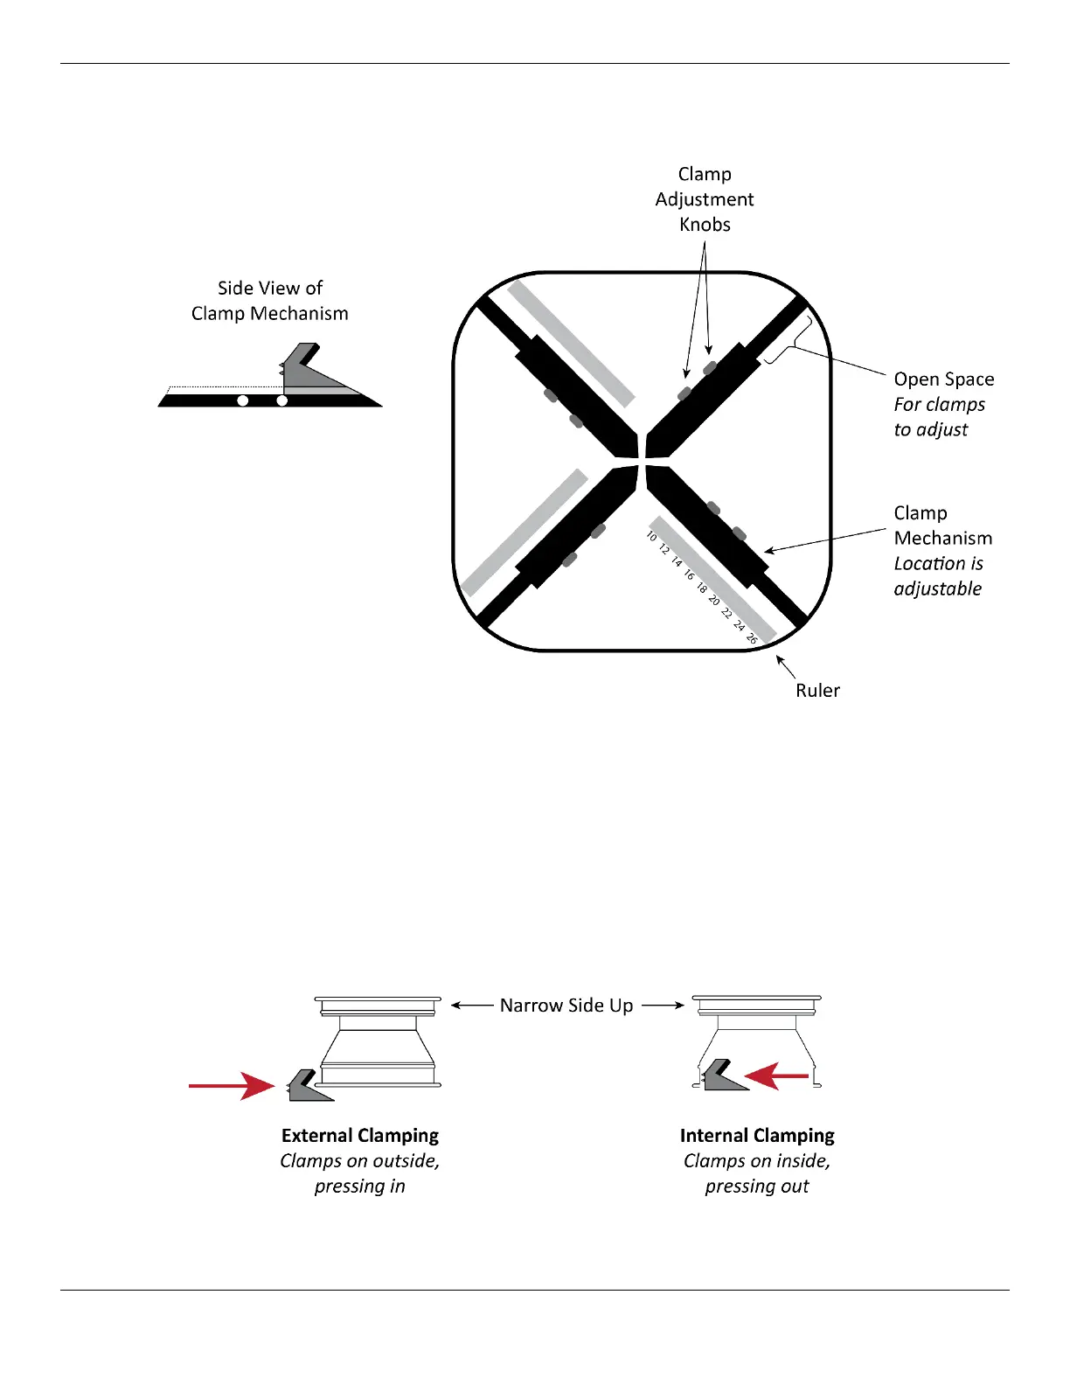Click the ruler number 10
[x=651, y=536]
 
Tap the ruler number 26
[x=752, y=639]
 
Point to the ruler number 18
[x=701, y=588]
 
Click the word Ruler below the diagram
[x=817, y=691]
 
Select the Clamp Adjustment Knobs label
[x=705, y=199]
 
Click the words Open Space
[x=943, y=379]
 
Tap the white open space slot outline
[x=789, y=339]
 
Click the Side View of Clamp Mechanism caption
[x=270, y=301]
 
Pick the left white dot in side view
[x=243, y=401]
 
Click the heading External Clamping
[x=360, y=1136]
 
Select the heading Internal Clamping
[x=757, y=1136]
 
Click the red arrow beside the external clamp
[x=232, y=1086]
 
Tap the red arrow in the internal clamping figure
[x=777, y=1076]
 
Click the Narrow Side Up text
[x=566, y=1006]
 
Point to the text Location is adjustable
[x=938, y=576]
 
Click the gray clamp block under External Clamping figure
[x=308, y=1087]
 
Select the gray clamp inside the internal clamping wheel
[x=723, y=1077]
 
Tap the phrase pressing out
[x=757, y=1187]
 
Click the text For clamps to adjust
[x=939, y=417]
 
